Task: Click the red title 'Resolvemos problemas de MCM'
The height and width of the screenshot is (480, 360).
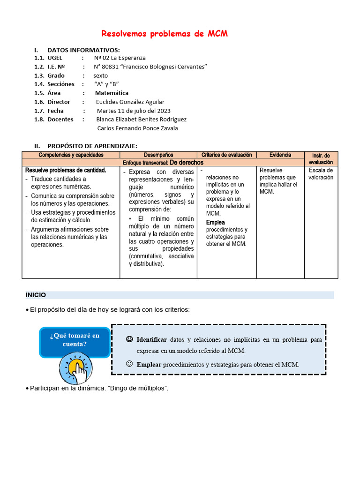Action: [x=165, y=34]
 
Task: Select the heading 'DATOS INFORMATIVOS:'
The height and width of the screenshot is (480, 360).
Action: [x=83, y=50]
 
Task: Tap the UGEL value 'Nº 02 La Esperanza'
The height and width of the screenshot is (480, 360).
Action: [x=120, y=58]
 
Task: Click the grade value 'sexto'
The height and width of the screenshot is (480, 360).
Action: [x=100, y=75]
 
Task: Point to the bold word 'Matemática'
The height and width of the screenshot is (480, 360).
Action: [x=112, y=93]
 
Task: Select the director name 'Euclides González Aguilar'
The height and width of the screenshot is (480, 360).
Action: [x=130, y=102]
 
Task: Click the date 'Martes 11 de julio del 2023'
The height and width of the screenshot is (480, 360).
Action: [x=134, y=111]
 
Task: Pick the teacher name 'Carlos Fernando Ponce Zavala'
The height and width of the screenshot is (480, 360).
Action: [x=137, y=128]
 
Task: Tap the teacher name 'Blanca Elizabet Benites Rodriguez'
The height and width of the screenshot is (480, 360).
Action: [x=141, y=119]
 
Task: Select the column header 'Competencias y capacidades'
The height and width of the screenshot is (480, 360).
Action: [x=71, y=155]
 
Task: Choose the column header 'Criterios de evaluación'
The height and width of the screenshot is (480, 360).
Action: [x=227, y=155]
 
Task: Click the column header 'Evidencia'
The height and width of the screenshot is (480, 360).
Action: [x=280, y=155]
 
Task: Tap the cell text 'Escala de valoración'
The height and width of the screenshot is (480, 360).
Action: [x=321, y=174]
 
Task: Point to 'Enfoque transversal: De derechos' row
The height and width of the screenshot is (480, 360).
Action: [x=163, y=162]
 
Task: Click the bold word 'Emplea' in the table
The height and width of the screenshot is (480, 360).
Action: [x=215, y=222]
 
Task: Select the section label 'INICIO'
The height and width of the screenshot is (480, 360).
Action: [x=36, y=295]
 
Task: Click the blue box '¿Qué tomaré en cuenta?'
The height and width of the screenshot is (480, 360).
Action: [x=75, y=340]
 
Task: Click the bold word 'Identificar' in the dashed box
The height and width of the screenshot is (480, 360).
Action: [x=151, y=339]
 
